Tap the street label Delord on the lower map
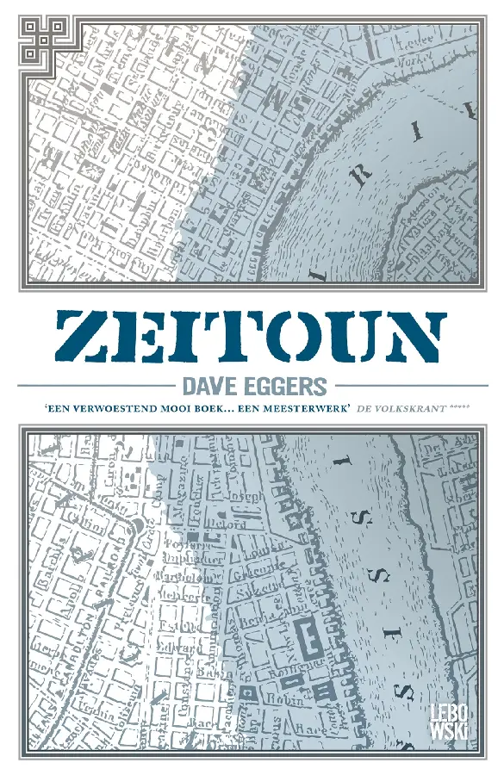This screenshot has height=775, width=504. click(227, 524)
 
